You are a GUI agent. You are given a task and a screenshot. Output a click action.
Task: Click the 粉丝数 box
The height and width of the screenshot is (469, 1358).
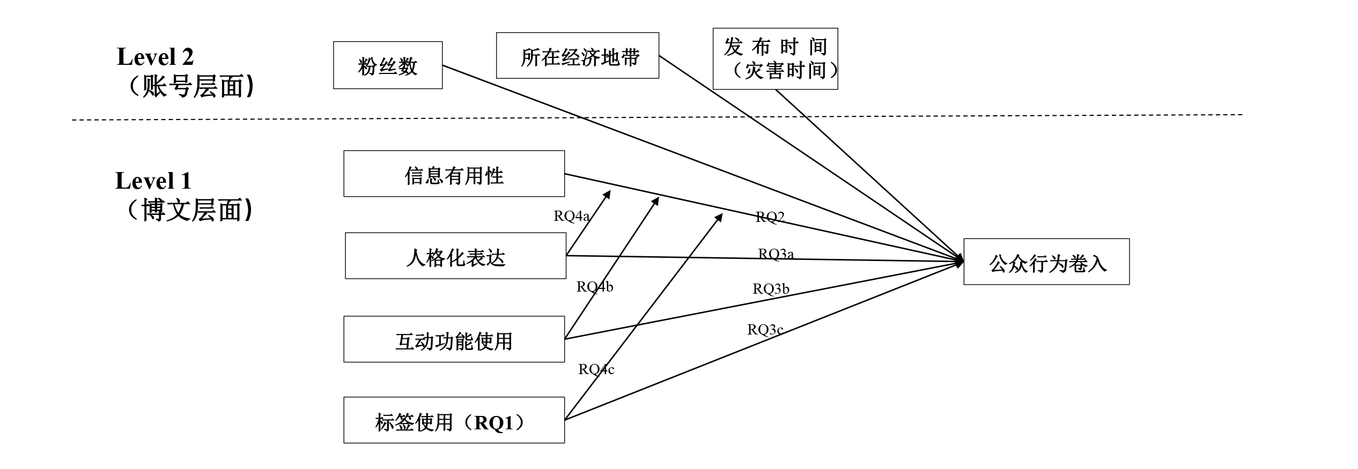coord(388,65)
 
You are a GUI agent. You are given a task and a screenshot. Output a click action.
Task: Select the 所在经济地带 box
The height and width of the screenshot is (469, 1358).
coord(577,56)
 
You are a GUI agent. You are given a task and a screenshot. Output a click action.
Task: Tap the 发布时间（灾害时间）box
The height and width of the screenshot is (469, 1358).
coord(775,59)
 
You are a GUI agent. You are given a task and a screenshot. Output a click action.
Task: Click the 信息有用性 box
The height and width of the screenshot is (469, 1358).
coord(454,174)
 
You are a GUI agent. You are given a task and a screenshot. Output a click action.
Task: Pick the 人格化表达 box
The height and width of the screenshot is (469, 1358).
coord(455,256)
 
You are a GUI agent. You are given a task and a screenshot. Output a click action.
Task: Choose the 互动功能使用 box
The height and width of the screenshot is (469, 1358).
coord(454,339)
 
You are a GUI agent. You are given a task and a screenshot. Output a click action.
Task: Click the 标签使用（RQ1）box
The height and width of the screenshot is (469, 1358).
coord(454,420)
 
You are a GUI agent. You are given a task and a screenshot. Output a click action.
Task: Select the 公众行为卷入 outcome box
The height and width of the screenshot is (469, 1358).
coord(1046,262)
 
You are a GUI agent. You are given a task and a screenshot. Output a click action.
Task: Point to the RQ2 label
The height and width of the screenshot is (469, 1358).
coord(770,217)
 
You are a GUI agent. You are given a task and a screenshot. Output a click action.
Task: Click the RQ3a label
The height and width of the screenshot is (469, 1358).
coord(776,254)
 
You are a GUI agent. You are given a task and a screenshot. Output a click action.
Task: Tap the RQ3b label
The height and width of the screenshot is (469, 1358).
coord(771,289)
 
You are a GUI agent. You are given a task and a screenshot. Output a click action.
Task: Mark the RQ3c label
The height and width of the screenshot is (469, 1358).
coord(765,330)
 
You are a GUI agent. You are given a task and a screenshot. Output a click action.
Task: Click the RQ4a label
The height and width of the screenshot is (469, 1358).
coord(572,216)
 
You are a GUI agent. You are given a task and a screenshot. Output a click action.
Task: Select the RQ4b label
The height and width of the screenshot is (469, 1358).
coord(595,287)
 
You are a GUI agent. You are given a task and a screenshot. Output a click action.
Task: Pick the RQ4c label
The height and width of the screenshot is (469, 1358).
coord(596,369)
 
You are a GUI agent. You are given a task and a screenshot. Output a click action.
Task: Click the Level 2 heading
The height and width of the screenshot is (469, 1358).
coord(155,57)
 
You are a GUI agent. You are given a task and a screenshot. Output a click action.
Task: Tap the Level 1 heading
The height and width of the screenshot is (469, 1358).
coord(153,181)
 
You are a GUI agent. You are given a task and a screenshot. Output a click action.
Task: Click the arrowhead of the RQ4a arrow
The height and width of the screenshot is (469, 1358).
coord(608,193)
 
